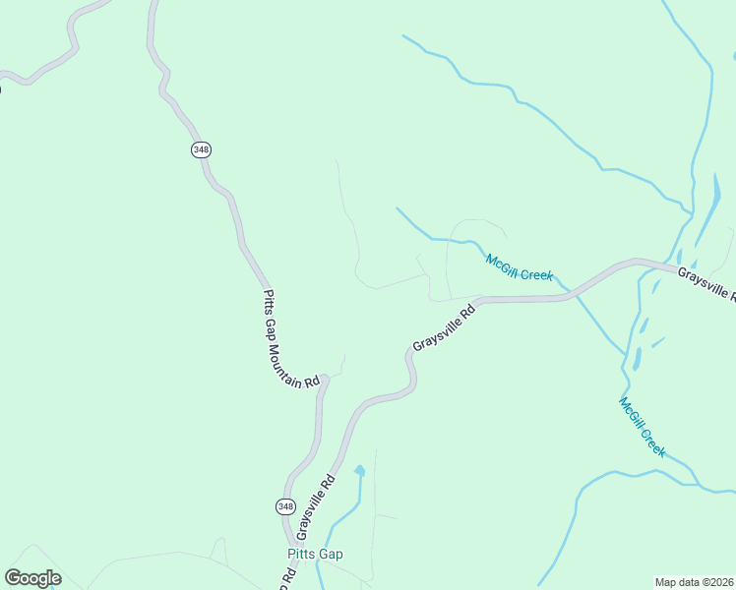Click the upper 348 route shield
point(201,149)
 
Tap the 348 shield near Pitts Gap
point(284,505)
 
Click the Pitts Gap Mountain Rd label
point(291,338)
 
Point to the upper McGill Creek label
point(520,266)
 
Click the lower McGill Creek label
point(643,427)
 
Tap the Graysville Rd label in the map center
point(444,327)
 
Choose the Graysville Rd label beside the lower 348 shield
point(316,507)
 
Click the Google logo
point(32,578)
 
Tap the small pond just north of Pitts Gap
point(359,472)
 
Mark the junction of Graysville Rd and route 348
point(292,539)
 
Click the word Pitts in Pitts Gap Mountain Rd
point(268,301)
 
